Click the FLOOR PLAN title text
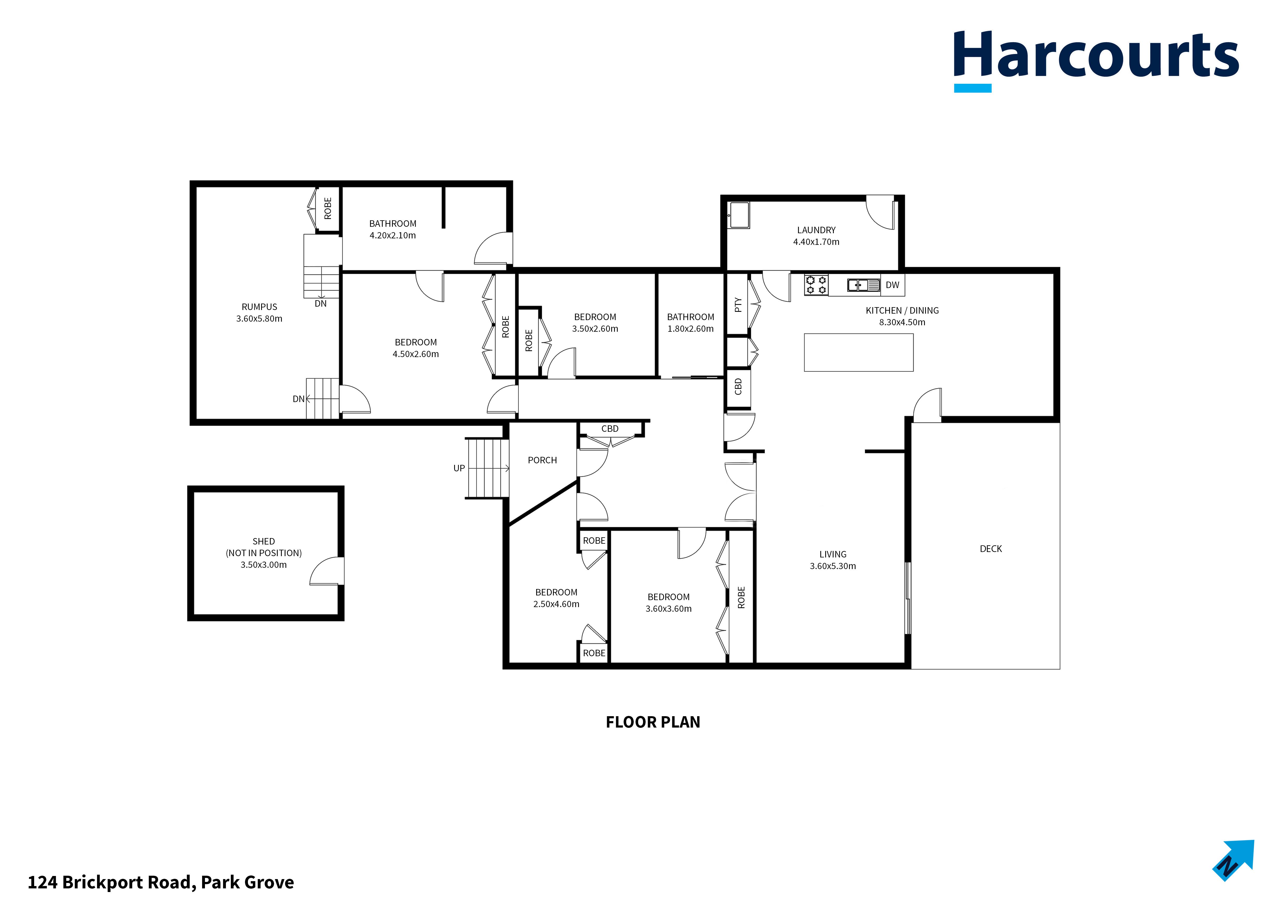(x=653, y=722)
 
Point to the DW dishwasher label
(x=892, y=285)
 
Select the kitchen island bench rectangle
(x=858, y=353)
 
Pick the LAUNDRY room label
(x=816, y=230)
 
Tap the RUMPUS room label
(x=259, y=307)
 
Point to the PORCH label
(x=542, y=460)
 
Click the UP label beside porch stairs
(x=459, y=468)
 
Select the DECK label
(x=990, y=549)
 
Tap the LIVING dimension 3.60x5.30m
(x=833, y=566)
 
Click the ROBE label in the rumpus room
(x=328, y=208)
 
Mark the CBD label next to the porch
(x=610, y=429)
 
